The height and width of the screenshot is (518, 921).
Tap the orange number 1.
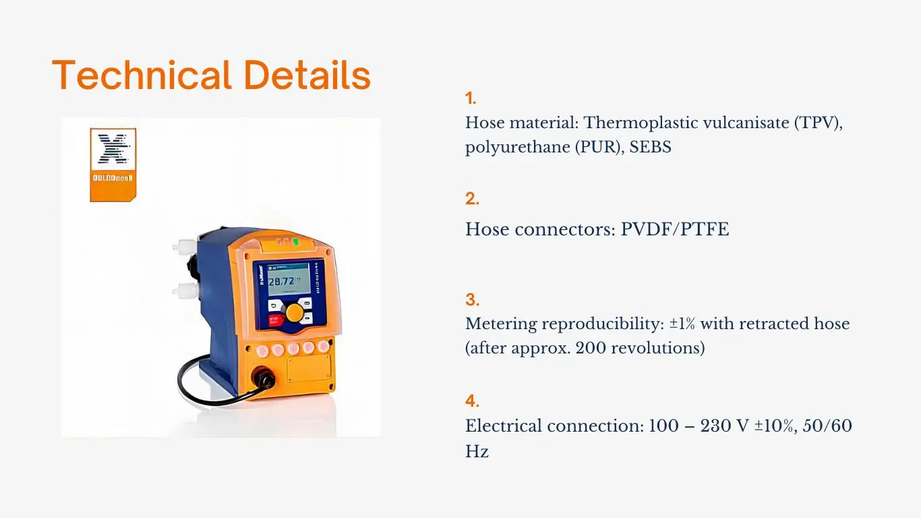470,98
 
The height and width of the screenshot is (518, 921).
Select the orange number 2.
471,199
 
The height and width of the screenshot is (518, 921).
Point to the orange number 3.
471,300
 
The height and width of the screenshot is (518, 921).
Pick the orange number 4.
471,401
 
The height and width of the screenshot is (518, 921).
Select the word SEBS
650,147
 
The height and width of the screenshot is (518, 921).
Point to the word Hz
477,451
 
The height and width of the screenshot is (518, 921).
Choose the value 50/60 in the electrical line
825,426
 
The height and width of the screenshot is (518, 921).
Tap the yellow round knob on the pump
295,312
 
